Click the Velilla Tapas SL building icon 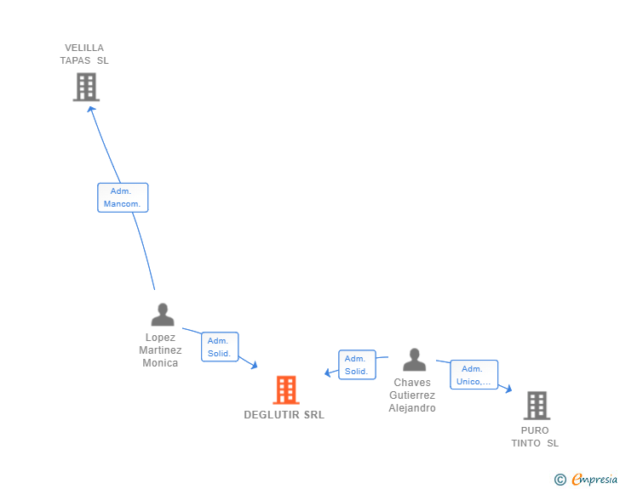pos(86,87)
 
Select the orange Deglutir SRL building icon pos(286,390)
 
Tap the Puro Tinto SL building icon pos(537,406)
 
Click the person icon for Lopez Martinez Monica pos(162,315)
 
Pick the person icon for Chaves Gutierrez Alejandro pos(414,360)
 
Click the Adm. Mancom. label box pos(123,197)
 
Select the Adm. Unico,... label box pos(474,375)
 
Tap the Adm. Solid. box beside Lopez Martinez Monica pos(220,347)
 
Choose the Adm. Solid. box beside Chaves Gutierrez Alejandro pos(357,365)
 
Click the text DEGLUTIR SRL pos(284,415)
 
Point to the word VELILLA pos(84,48)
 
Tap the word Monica pos(160,363)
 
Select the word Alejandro pos(412,408)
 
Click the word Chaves pos(412,383)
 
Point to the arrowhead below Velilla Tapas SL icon pos(91,108)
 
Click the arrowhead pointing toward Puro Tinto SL pos(508,389)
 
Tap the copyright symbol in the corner pos(560,480)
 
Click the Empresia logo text pos(594,480)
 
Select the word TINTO pos(527,443)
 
